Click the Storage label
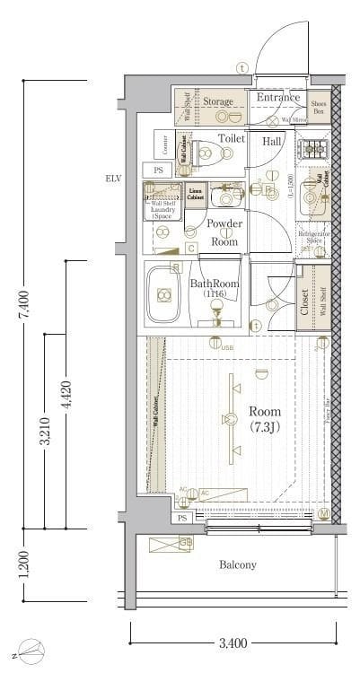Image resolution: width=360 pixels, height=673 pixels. coord(218,101)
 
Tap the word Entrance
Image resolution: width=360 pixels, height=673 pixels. coord(277,98)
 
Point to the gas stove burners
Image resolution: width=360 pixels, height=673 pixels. coord(316,149)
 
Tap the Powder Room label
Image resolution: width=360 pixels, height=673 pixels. coord(224,232)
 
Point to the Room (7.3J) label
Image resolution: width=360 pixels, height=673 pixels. coord(265,419)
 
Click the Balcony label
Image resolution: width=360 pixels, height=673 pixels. coord(238,565)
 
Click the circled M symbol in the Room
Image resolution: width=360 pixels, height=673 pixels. coord(323,514)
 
